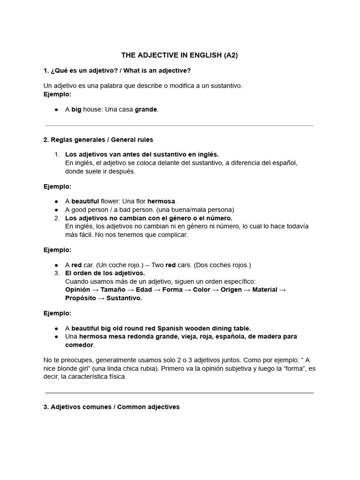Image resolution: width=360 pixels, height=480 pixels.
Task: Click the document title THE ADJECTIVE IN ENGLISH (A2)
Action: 180,55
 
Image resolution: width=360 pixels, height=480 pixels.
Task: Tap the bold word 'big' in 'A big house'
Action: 76,109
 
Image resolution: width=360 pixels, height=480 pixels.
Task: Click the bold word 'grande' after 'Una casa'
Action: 146,109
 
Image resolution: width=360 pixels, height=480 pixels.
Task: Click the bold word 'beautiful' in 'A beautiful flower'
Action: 85,201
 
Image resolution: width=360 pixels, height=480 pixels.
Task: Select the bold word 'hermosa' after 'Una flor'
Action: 162,201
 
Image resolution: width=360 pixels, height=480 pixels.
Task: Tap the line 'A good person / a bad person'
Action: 149,210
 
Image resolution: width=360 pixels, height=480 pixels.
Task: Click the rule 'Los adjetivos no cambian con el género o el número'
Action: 149,218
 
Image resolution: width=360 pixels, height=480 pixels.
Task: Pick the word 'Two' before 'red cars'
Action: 157,265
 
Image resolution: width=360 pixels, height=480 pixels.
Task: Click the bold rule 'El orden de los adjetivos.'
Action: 105,273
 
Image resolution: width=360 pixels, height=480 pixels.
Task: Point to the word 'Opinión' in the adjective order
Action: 78,290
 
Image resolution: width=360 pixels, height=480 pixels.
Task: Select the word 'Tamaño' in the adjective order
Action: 113,290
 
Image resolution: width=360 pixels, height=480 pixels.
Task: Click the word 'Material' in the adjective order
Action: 264,290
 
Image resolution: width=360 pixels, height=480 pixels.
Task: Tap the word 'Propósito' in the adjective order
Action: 80,298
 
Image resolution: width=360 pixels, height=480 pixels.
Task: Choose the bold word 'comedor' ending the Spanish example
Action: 79,345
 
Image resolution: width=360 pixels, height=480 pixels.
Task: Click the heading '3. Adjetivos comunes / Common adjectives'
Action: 111,407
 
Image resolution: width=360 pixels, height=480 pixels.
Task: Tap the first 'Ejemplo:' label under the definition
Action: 57,94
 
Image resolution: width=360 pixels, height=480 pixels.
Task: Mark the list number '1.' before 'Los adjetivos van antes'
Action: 57,154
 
